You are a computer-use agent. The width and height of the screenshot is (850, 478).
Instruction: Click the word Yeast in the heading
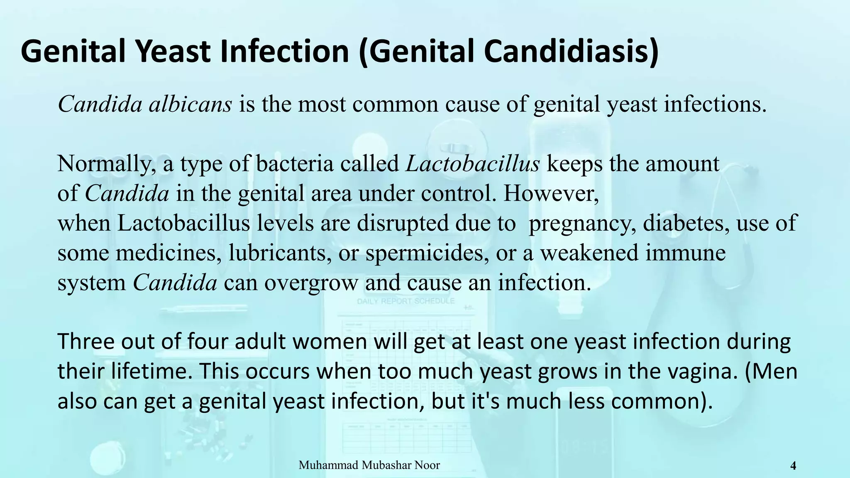175,51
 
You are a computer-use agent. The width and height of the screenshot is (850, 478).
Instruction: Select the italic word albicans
190,104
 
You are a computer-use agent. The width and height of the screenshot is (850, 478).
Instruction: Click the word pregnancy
583,223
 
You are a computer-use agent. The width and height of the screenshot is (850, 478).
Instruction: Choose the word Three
85,342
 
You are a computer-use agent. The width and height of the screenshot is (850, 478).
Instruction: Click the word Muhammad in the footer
328,465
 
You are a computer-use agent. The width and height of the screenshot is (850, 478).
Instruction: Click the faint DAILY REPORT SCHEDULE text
406,301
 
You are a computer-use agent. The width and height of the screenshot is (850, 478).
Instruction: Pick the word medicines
168,253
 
